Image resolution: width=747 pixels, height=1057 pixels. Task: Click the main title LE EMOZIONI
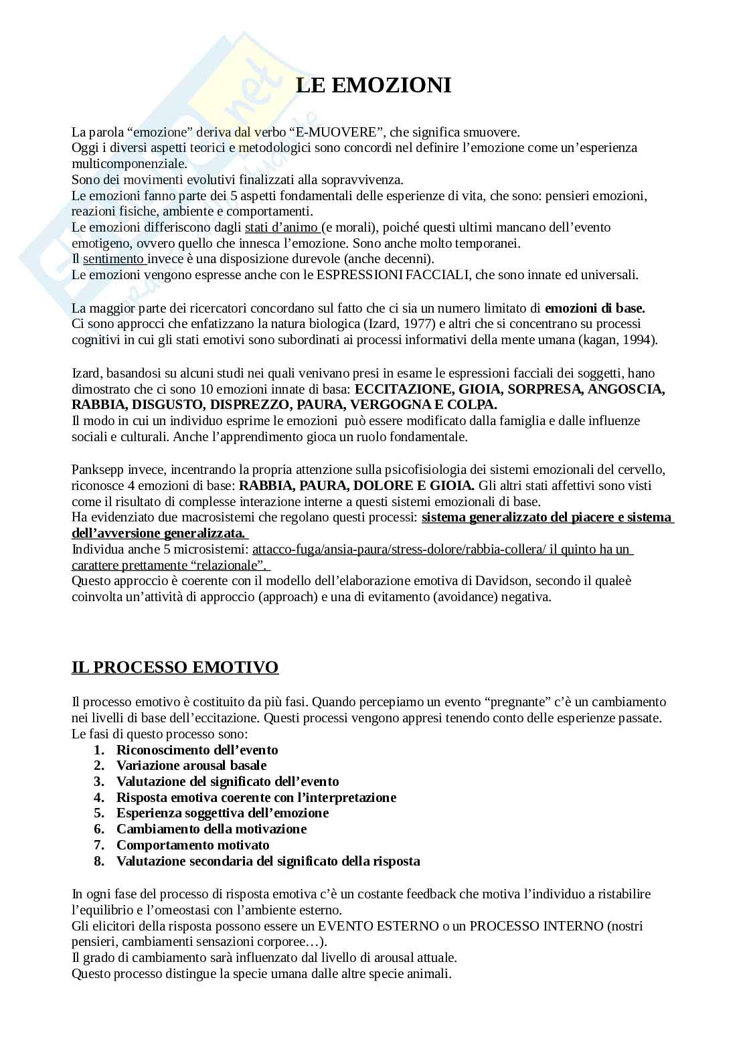(373, 85)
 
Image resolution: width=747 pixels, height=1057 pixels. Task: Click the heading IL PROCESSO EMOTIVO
(175, 667)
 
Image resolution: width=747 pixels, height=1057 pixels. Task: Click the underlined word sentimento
(113, 258)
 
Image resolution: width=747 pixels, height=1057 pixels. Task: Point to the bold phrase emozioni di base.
(594, 309)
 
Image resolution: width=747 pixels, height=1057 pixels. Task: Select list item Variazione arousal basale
(191, 765)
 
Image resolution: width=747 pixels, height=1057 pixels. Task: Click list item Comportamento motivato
(193, 845)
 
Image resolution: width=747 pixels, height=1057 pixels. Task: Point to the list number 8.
(99, 861)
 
